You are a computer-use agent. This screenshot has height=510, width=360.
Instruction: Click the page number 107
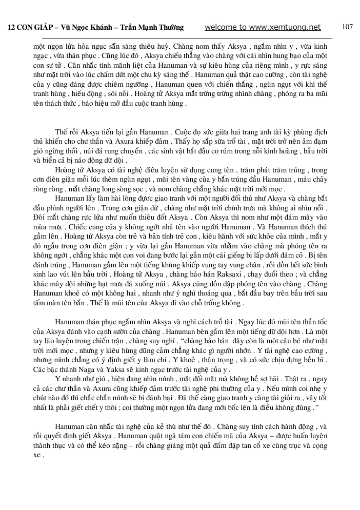347,27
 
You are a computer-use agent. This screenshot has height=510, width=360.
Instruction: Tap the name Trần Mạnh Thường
152,28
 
